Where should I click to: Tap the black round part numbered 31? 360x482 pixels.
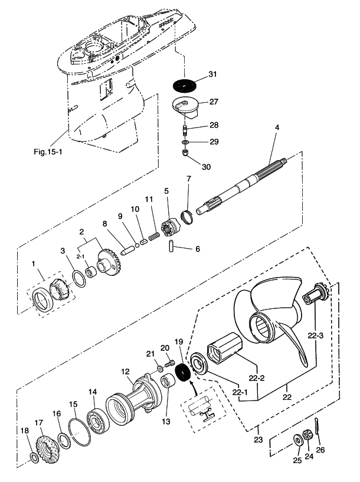pyautogui.click(x=187, y=84)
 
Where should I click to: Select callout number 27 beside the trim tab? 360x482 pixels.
pyautogui.click(x=214, y=102)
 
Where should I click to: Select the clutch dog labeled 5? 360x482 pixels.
pyautogui.click(x=169, y=226)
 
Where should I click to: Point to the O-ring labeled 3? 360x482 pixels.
pyautogui.click(x=78, y=277)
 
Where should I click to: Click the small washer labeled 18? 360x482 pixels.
pyautogui.click(x=35, y=458)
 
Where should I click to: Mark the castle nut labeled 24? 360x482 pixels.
pyautogui.click(x=307, y=437)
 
